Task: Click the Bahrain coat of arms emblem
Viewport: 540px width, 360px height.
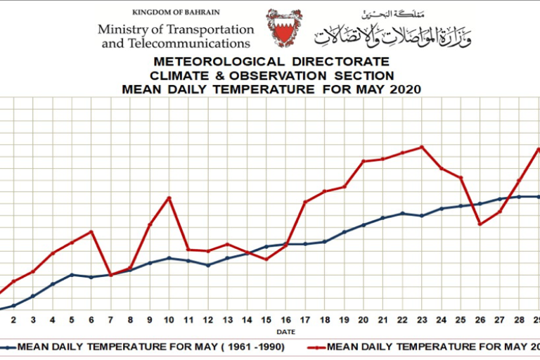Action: click(284, 27)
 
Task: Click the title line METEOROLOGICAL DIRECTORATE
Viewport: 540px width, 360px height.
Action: click(271, 63)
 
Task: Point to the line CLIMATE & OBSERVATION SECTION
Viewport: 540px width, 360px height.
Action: click(271, 76)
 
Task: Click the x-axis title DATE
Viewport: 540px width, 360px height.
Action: click(285, 331)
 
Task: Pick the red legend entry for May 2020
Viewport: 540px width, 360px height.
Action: click(422, 347)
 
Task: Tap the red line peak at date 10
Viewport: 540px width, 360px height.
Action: click(169, 198)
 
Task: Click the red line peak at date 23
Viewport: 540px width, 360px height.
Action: click(421, 147)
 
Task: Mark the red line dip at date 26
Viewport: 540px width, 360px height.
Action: click(480, 224)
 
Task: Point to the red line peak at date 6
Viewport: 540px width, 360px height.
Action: click(91, 231)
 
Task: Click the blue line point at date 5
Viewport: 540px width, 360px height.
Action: click(72, 274)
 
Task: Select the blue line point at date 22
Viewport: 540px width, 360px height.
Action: click(401, 213)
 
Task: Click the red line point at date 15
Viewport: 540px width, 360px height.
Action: click(266, 259)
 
